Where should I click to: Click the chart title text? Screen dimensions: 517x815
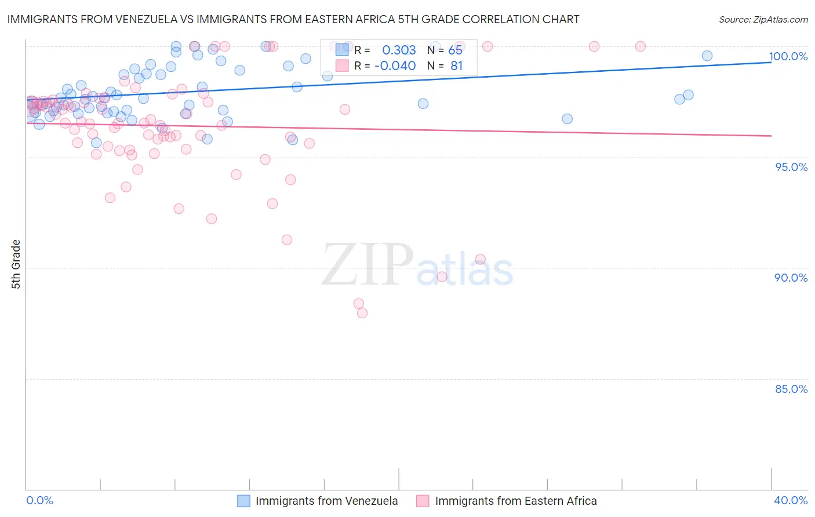293,19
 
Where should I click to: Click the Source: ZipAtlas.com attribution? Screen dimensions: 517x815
763,19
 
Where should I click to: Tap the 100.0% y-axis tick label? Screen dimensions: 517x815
788,56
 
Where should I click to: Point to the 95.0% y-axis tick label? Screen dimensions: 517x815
791,167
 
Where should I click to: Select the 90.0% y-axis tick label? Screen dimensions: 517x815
791,278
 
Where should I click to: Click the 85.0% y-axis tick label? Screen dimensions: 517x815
791,389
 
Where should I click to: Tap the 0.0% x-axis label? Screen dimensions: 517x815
39,500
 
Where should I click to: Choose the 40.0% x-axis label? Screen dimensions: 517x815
790,500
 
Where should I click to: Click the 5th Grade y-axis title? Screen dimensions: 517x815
16,264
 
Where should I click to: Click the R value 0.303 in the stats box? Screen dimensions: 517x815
399,50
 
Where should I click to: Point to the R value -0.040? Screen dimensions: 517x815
395,65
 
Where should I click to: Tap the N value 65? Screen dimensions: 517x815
455,50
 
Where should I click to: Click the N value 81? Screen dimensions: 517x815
456,65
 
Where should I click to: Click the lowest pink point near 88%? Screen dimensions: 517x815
362,313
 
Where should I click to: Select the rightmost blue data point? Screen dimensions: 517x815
707,56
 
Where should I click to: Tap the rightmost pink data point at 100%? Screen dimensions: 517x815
641,46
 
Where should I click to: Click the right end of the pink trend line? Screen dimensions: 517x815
771,136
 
